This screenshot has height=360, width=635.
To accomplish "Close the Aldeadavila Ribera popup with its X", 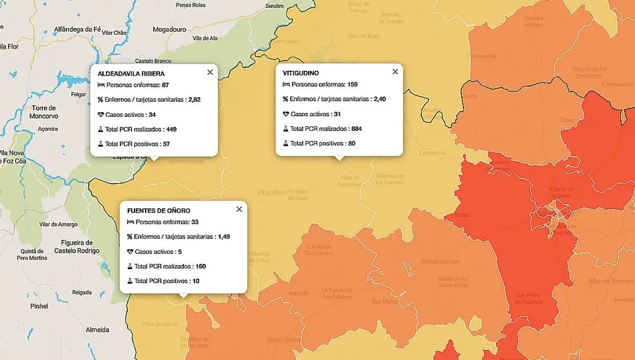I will (x=210, y=72).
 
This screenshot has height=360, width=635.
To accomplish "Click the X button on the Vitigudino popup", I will (x=395, y=71).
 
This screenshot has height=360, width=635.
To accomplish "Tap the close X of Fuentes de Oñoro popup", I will (x=239, y=209).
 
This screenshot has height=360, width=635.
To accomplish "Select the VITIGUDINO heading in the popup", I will (x=301, y=72).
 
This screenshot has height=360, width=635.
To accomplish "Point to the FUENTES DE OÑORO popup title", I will (x=158, y=210).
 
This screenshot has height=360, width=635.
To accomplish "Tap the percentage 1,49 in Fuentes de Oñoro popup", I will (x=224, y=236).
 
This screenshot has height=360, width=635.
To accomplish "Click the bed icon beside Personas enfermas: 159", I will (x=286, y=85).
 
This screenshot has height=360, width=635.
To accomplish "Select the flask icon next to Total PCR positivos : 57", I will (x=101, y=144).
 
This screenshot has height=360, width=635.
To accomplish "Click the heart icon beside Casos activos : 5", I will (x=130, y=252).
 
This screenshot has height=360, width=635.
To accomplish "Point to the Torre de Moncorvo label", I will (x=44, y=112).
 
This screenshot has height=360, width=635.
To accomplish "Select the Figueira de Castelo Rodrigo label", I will (x=76, y=246).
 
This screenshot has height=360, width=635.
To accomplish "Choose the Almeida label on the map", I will (x=97, y=330).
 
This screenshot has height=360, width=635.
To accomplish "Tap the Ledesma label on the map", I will (x=433, y=152).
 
